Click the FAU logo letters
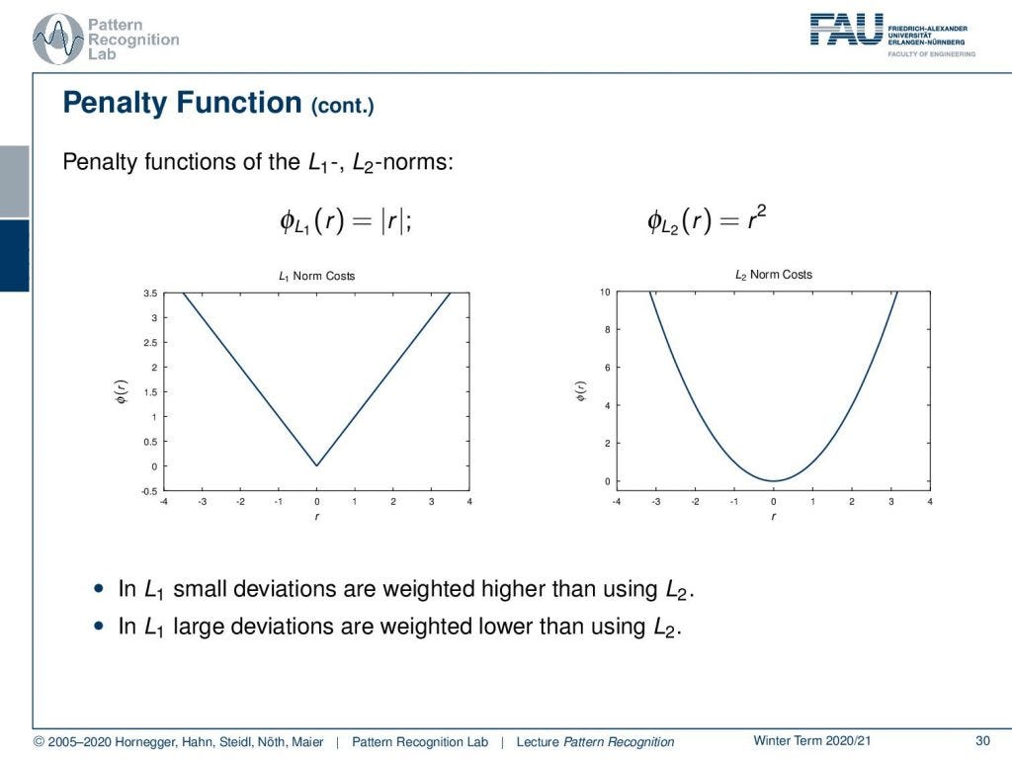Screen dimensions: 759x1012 click(x=846, y=29)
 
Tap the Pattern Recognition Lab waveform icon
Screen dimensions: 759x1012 click(x=58, y=40)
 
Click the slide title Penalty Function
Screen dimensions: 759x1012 click(x=182, y=103)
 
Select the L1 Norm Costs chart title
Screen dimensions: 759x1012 click(x=316, y=276)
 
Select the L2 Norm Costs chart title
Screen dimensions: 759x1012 click(x=773, y=275)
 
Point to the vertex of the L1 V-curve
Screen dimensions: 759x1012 click(x=316, y=465)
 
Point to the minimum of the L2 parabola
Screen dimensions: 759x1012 click(x=774, y=481)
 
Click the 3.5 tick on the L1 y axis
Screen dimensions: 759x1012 click(x=151, y=294)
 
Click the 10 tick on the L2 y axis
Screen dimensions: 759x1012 click(x=605, y=293)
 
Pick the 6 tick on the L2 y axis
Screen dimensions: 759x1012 click(x=607, y=368)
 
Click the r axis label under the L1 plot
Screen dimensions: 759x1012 click(x=316, y=517)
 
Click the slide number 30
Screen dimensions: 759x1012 click(x=982, y=741)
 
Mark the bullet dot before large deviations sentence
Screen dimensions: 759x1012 click(x=97, y=626)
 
